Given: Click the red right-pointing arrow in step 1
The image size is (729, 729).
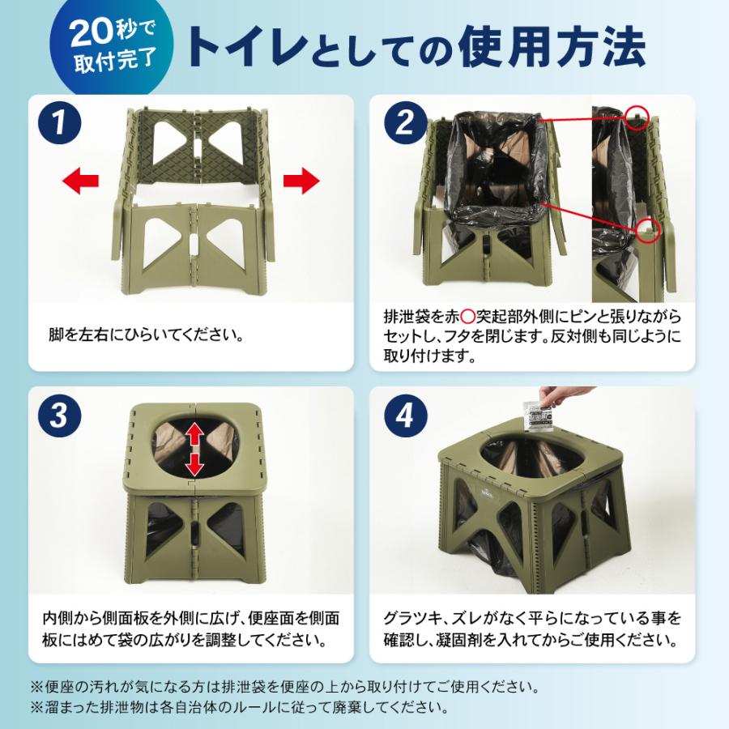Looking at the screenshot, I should pos(301,180).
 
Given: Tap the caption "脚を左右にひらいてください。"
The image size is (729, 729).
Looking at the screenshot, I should pos(146,334).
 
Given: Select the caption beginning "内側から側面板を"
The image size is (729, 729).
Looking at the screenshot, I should pos(191,629).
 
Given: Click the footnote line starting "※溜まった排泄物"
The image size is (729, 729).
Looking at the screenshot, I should pos(239,707).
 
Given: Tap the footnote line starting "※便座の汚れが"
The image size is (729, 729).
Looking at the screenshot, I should pos(283,686).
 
